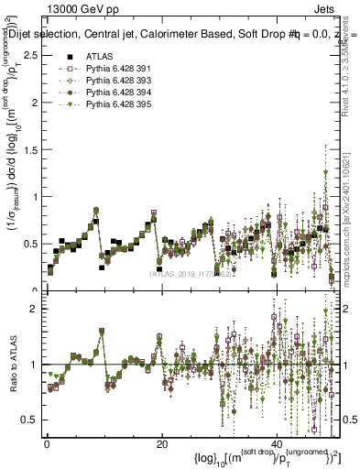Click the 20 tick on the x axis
(x=161, y=443)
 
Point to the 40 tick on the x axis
(x=277, y=443)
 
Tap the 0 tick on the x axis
(x=46, y=443)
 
